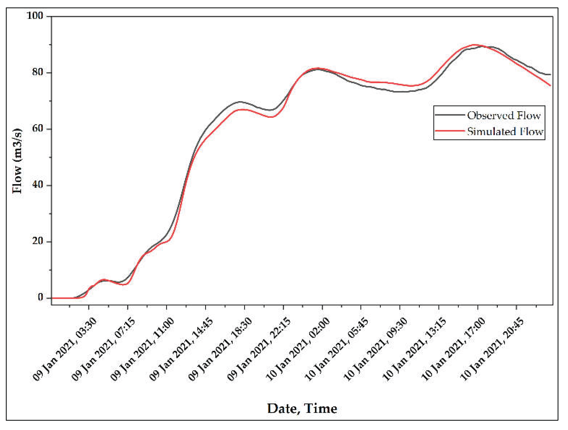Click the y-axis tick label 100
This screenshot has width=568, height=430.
click(35, 16)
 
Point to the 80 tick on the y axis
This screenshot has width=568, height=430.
click(37, 72)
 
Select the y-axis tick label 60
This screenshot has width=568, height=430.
click(37, 129)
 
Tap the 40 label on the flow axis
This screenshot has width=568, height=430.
click(37, 185)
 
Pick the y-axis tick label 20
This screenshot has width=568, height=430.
click(37, 241)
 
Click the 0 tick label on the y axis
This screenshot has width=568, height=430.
click(40, 297)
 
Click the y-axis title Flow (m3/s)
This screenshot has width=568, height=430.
click(17, 161)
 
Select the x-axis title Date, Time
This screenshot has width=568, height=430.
click(302, 408)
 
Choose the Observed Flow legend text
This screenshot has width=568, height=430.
click(504, 115)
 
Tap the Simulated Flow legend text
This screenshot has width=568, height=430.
click(505, 132)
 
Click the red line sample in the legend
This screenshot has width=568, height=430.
click(450, 131)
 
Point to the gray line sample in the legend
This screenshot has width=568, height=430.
click(450, 115)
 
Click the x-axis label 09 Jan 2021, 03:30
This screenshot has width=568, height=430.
click(65, 349)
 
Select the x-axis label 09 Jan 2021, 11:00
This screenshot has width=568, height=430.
click(143, 349)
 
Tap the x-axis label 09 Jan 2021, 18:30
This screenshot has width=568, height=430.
click(220, 349)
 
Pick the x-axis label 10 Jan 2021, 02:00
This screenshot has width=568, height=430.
click(298, 349)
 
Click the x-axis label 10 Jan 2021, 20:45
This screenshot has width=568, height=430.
click(492, 349)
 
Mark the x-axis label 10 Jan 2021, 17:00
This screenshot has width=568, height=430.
click(454, 349)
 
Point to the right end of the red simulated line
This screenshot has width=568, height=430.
click(550, 85)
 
